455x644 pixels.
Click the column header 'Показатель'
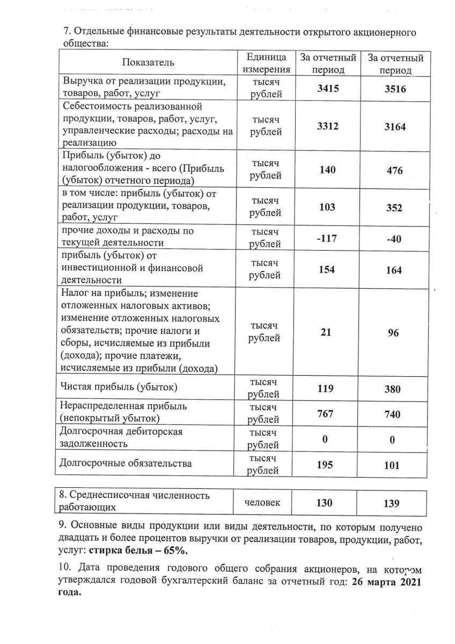point(148,63)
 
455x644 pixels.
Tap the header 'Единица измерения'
point(266,63)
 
